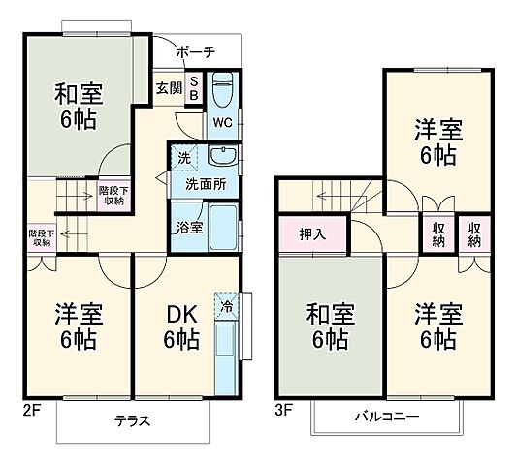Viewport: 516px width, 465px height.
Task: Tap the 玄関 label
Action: click(x=168, y=88)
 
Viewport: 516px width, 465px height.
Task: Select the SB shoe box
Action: click(x=194, y=88)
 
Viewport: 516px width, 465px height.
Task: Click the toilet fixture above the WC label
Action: click(x=220, y=92)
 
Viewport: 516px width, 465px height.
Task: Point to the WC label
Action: click(x=221, y=123)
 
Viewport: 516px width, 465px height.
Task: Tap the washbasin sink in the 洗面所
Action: click(x=221, y=156)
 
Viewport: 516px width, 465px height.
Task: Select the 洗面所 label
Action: click(x=199, y=184)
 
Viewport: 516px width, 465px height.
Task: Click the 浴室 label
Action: click(x=189, y=229)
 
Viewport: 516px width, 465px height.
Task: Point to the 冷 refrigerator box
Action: click(x=225, y=302)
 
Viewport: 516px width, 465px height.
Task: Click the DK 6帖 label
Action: click(x=181, y=327)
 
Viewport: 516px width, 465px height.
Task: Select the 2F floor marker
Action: click(x=31, y=408)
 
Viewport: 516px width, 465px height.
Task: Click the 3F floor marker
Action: click(x=283, y=409)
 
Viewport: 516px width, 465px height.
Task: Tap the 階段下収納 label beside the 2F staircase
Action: click(x=112, y=196)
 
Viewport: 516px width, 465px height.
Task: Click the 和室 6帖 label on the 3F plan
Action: click(x=331, y=326)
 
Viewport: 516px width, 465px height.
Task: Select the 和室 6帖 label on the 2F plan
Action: click(x=78, y=108)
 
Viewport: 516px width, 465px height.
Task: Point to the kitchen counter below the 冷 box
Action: click(x=225, y=355)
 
